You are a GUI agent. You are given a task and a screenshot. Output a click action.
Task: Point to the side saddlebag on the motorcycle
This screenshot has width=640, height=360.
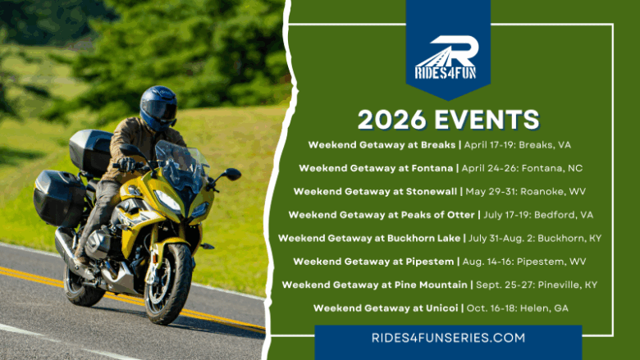point(59,198)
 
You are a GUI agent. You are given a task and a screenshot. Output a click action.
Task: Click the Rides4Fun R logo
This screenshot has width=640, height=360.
point(447,54)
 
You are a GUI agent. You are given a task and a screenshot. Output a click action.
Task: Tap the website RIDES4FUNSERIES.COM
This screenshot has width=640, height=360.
point(447,337)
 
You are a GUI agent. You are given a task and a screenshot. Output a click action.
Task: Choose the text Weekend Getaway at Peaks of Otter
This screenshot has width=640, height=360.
point(382,215)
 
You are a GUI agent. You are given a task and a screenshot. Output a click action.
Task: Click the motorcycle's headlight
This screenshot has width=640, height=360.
point(169,200)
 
